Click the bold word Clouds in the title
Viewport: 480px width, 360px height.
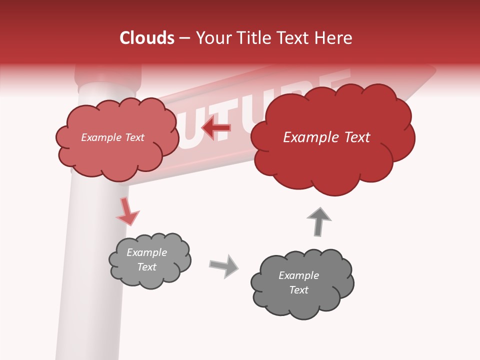coord(147,38)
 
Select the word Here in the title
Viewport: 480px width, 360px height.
coord(334,38)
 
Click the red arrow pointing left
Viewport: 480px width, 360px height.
coord(215,128)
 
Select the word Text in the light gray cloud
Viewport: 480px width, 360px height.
coord(147,267)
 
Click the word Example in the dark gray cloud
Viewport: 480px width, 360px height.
coord(298,275)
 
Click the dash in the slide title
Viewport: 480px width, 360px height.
coord(184,38)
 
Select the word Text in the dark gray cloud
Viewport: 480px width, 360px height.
coord(298,290)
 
